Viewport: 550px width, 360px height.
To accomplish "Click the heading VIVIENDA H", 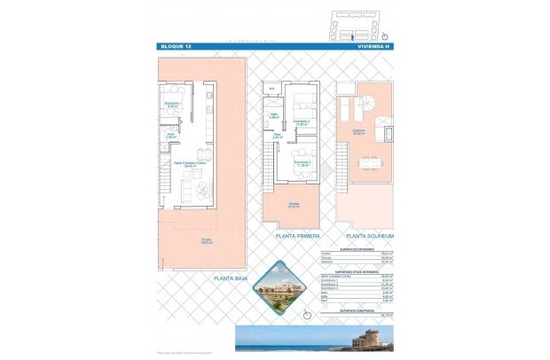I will pyautogui.click(x=373, y=46).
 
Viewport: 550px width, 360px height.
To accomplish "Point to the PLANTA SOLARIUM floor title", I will pyautogui.click(x=369, y=237).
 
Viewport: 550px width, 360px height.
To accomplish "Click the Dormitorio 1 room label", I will pyautogui.click(x=173, y=106).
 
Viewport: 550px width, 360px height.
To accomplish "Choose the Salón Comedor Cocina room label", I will pyautogui.click(x=185, y=165).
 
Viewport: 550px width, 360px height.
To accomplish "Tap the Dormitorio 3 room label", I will pyautogui.click(x=302, y=122).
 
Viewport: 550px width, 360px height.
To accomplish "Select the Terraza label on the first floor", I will pyautogui.click(x=293, y=206).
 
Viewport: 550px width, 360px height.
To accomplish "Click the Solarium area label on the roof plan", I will pyautogui.click(x=357, y=131).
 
